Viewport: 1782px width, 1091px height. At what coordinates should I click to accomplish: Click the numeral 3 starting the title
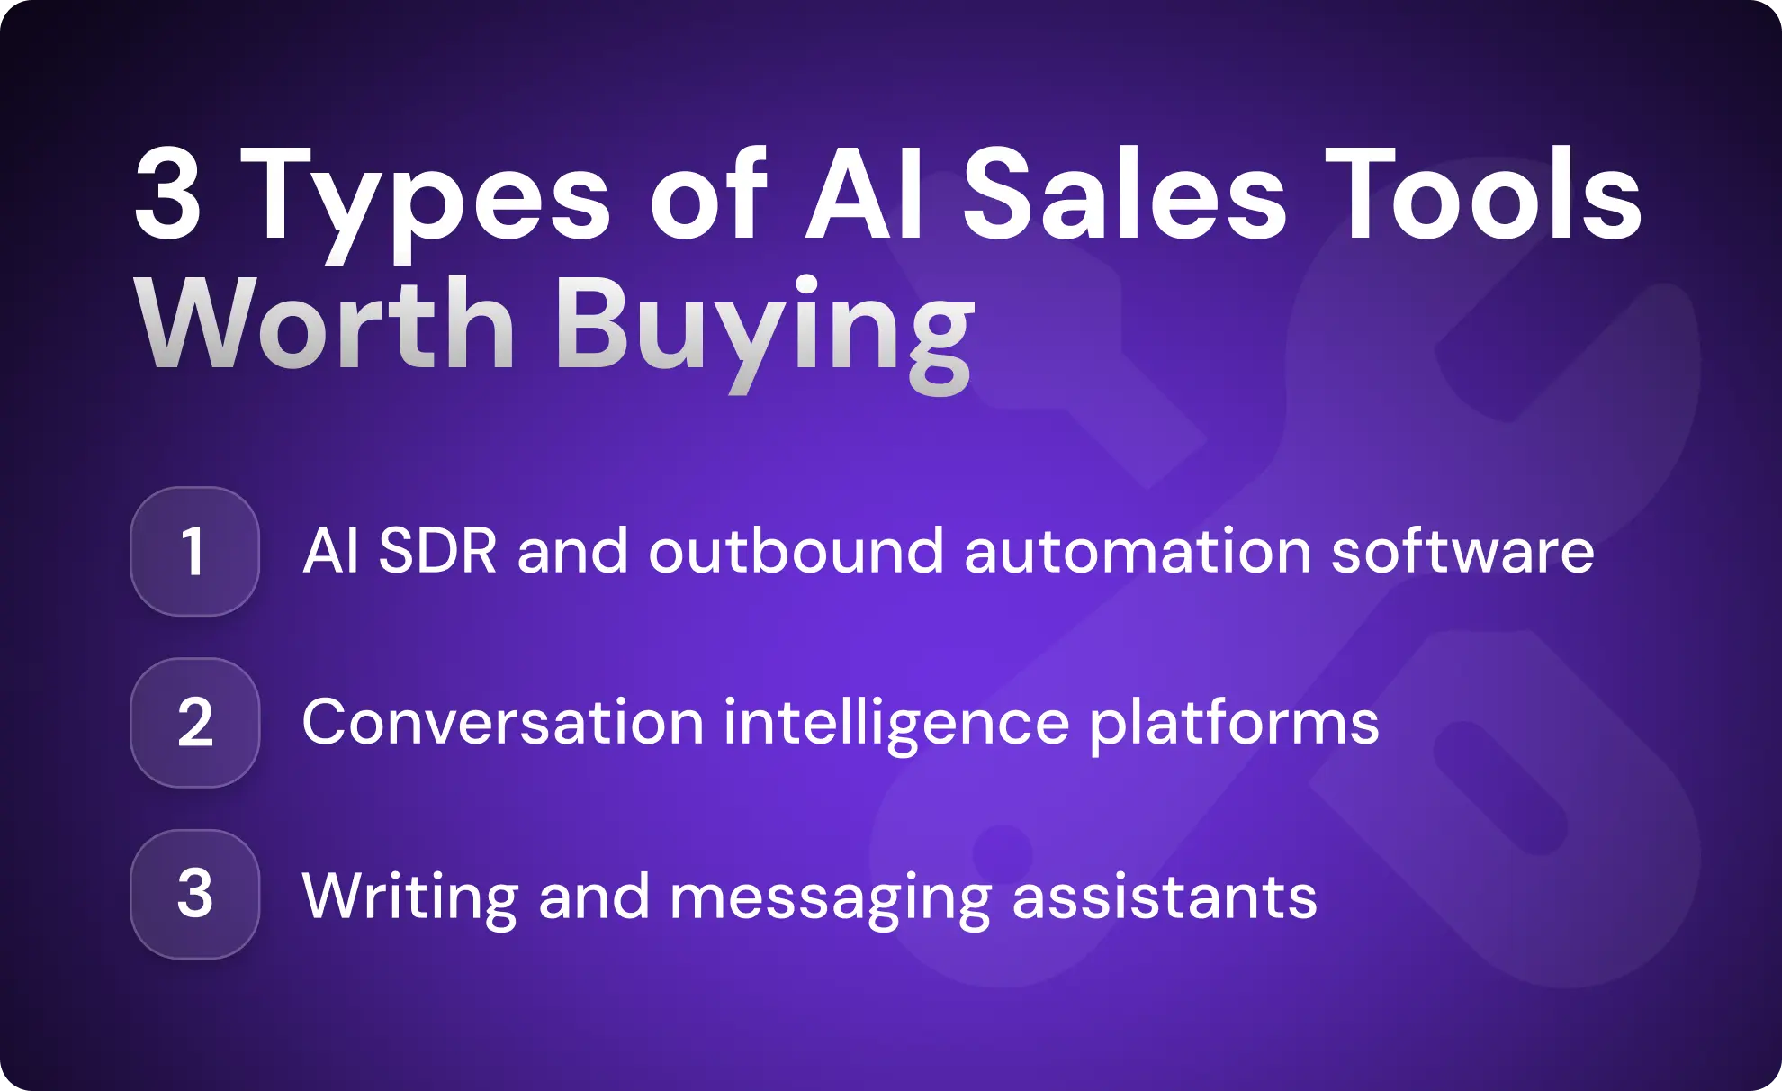[168, 196]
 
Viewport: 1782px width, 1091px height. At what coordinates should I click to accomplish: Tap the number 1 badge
[194, 552]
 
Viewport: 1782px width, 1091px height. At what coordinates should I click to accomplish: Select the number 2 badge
[194, 723]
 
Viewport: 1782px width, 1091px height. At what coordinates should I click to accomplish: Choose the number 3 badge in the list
[194, 894]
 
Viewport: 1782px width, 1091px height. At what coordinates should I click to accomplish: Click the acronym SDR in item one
[437, 551]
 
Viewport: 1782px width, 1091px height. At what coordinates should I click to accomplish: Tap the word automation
[1138, 551]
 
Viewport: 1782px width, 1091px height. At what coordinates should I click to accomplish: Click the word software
[1462, 551]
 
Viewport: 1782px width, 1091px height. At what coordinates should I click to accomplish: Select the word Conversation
[503, 723]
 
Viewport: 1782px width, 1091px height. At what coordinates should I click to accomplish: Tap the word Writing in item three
[409, 897]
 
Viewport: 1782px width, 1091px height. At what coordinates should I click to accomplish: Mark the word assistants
[1165, 897]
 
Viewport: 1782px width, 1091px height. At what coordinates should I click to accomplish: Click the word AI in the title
[865, 196]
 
